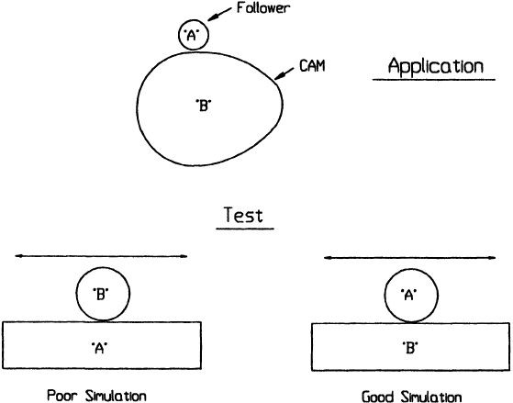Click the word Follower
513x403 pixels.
(x=263, y=8)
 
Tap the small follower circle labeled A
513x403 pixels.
(x=179, y=34)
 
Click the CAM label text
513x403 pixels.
(x=312, y=66)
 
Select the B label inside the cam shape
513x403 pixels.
(x=203, y=106)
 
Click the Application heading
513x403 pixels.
(x=436, y=66)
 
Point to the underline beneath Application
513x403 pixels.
(x=434, y=80)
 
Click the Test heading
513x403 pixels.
(x=243, y=215)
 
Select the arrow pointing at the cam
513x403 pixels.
(x=284, y=73)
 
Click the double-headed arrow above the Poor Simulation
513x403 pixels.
(x=101, y=256)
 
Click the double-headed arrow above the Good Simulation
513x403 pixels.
(x=409, y=258)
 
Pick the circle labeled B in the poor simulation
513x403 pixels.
(x=76, y=294)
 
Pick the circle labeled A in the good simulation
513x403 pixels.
(x=385, y=296)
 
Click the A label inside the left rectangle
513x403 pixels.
(x=99, y=348)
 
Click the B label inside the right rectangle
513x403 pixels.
(x=410, y=348)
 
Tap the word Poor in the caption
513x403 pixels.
(x=63, y=396)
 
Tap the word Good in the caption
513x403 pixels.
(x=378, y=397)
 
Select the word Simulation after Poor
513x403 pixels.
(x=116, y=396)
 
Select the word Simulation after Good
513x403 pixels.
(x=431, y=397)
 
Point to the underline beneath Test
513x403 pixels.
(x=245, y=229)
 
